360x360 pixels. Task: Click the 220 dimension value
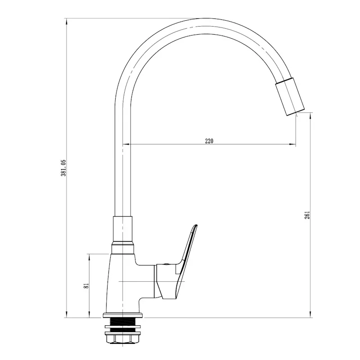pos(209,141)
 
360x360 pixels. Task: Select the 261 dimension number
pos(307,215)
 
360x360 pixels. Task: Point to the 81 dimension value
pos(86,286)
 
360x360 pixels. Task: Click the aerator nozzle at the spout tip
pos(290,96)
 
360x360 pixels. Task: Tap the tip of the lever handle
pos(196,225)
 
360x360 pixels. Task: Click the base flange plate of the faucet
pos(123,315)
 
